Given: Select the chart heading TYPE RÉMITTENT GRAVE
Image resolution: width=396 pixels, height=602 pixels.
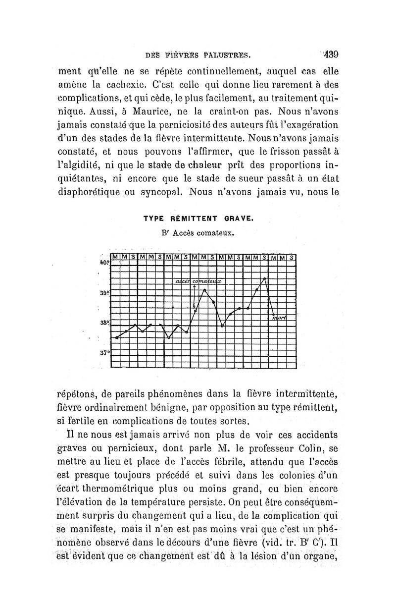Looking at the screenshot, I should click(198, 218).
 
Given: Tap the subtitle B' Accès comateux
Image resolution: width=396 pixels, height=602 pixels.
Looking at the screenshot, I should click(198, 231).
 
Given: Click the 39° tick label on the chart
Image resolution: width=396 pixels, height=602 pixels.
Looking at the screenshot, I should click(104, 293).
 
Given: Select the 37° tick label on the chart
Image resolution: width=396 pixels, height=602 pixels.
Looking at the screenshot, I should click(104, 353).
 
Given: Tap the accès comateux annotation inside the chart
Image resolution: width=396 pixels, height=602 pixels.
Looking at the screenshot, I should click(198, 281).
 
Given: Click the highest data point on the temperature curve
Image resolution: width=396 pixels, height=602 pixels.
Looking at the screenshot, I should click(265, 278).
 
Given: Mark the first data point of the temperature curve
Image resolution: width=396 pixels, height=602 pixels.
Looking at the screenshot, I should click(117, 337).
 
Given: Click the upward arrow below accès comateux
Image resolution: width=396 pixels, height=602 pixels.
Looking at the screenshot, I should click(195, 289).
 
